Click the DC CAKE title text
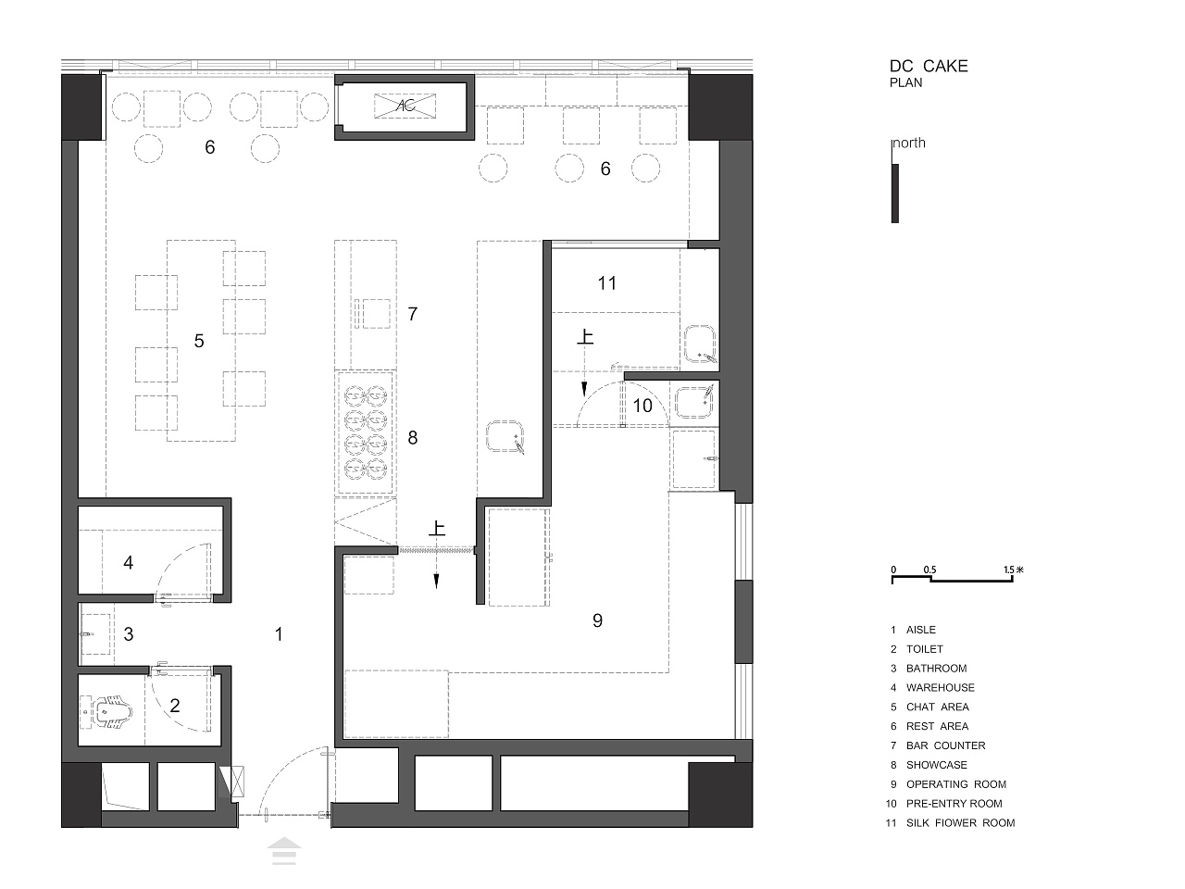pyautogui.click(x=929, y=66)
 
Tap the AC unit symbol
pyautogui.click(x=405, y=106)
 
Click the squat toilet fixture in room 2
pyautogui.click(x=113, y=711)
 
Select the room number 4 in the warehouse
pyautogui.click(x=128, y=562)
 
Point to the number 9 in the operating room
pyautogui.click(x=597, y=620)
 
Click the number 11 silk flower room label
pyautogui.click(x=606, y=282)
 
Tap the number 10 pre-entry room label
pyautogui.click(x=642, y=406)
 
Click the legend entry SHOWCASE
pyautogui.click(x=936, y=765)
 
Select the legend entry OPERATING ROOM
pyautogui.click(x=956, y=784)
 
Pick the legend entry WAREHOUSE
pyautogui.click(x=940, y=688)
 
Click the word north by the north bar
pyautogui.click(x=909, y=143)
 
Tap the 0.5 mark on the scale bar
pyautogui.click(x=929, y=570)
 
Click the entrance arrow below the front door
pyautogui.click(x=284, y=851)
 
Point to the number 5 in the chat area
pyautogui.click(x=199, y=341)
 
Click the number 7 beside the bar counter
pyautogui.click(x=413, y=314)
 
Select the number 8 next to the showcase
pyautogui.click(x=413, y=437)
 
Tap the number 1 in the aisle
pyautogui.click(x=279, y=633)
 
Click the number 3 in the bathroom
pyautogui.click(x=128, y=633)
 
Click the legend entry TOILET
pyautogui.click(x=924, y=649)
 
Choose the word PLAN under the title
pyautogui.click(x=906, y=82)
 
